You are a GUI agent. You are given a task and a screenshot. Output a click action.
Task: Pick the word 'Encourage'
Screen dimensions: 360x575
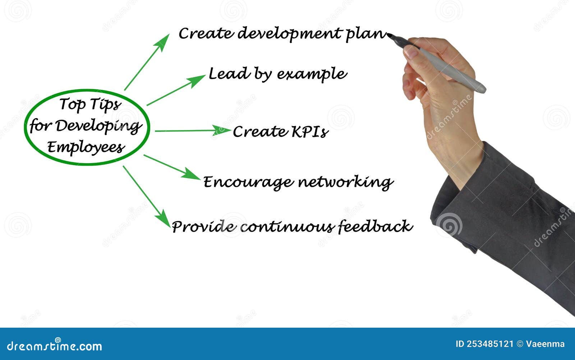click(x=248, y=183)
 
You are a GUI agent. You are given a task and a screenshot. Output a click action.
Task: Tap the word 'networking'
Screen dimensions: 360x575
click(x=345, y=183)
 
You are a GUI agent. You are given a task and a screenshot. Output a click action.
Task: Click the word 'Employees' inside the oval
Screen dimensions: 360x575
click(x=86, y=147)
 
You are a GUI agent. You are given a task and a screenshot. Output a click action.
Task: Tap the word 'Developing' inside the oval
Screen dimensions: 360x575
click(x=98, y=126)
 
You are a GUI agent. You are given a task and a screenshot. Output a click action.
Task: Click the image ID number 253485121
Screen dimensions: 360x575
click(x=490, y=344)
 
